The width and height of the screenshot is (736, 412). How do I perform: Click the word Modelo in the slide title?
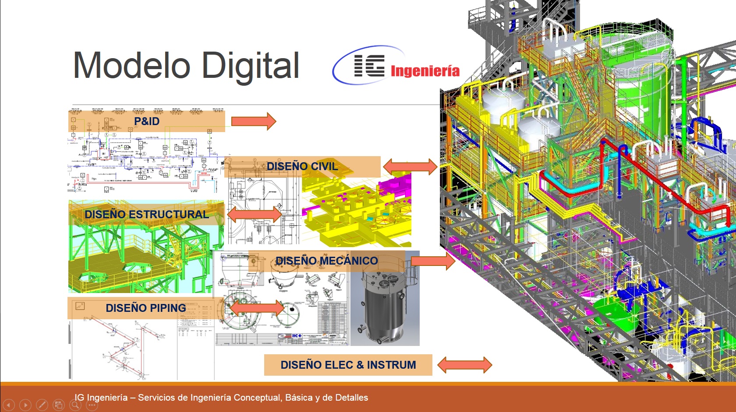[131, 66]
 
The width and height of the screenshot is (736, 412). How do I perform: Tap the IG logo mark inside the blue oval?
[369, 66]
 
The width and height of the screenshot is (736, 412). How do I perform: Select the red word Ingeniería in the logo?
[425, 71]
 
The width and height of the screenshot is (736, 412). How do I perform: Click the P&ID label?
[147, 121]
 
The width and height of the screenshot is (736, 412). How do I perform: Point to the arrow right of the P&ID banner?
[254, 121]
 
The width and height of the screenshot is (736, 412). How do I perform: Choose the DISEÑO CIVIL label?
[302, 167]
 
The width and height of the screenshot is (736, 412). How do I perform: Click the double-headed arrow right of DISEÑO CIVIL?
[410, 166]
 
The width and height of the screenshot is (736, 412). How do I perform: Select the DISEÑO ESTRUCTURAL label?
[147, 214]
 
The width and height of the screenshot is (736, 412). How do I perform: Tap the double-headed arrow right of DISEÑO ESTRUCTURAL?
[254, 214]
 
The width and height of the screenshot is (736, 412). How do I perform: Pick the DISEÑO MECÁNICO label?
[326, 261]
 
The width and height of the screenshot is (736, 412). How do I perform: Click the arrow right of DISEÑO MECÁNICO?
[433, 261]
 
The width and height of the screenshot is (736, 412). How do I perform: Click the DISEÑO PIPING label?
[146, 308]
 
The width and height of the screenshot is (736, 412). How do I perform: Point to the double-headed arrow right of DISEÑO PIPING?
[257, 308]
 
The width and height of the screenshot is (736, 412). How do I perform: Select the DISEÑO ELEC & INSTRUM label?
[348, 365]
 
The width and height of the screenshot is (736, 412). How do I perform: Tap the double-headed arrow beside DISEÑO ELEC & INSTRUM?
[464, 365]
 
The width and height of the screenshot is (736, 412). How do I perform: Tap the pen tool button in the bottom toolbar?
[42, 405]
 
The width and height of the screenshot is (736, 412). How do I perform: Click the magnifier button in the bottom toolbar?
[75, 405]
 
